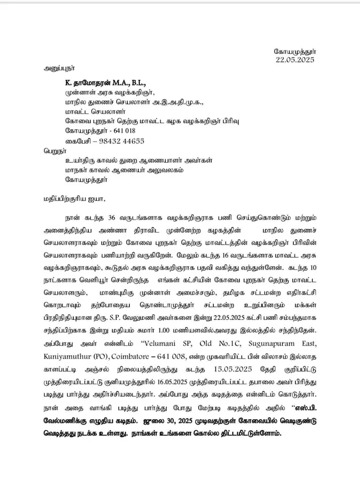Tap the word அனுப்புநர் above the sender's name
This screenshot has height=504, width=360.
61,70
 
